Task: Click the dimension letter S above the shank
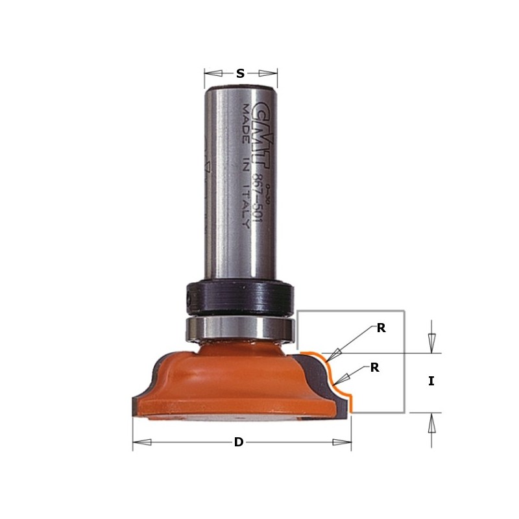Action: click(240, 74)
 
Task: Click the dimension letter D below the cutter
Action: click(239, 442)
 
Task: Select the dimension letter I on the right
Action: click(431, 381)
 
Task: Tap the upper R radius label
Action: click(381, 328)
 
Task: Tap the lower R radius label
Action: click(374, 368)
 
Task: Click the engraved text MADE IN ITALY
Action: click(246, 165)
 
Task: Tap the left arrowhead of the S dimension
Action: click(213, 74)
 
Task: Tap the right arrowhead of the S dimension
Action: click(268, 74)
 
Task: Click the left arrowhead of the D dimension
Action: click(142, 442)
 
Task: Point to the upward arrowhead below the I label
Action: click(432, 423)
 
